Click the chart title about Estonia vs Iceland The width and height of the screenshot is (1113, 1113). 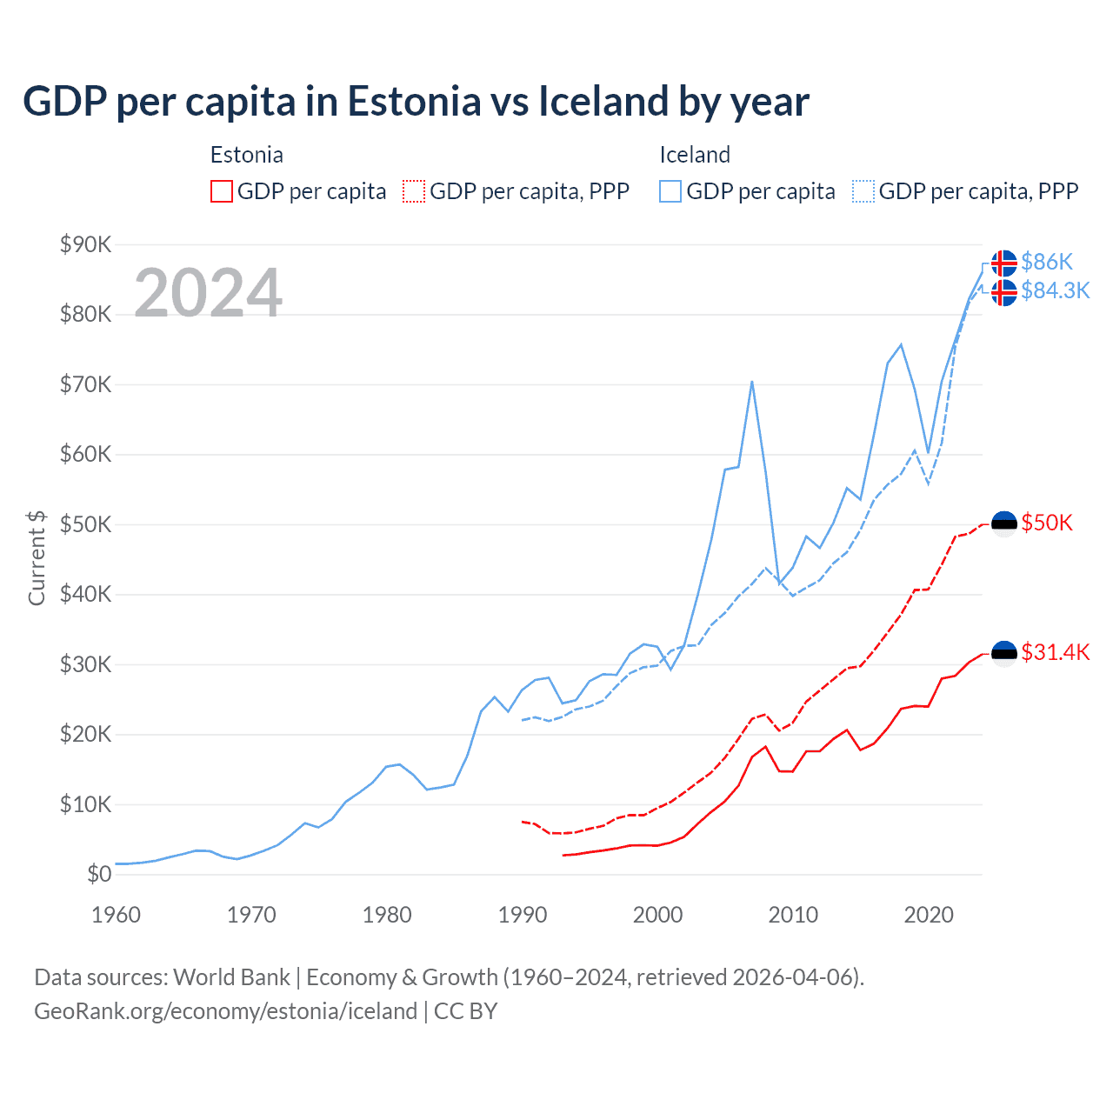416,102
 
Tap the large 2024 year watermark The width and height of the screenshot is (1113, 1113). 208,293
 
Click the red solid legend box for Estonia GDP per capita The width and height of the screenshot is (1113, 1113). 222,191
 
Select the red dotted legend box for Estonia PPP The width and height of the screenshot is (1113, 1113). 414,191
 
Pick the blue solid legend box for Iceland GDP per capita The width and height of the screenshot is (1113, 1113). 670,191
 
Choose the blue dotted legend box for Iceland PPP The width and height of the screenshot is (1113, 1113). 863,191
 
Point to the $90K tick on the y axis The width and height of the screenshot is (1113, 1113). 85,244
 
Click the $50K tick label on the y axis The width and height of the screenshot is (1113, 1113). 85,524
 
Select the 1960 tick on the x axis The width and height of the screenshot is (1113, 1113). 116,915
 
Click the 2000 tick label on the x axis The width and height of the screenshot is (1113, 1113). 657,915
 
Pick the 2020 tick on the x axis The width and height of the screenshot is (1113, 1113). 929,915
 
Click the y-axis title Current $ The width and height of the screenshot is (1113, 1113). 37,557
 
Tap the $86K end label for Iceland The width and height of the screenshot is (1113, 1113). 1047,262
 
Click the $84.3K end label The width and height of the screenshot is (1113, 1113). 1055,290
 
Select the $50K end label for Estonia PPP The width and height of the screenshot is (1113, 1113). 1047,523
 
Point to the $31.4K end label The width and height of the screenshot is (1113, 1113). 1055,652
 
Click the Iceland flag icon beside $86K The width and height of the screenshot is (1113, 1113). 1004,263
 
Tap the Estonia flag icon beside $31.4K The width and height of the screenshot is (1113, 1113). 1004,653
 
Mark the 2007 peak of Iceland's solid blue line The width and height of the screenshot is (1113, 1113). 752,382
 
